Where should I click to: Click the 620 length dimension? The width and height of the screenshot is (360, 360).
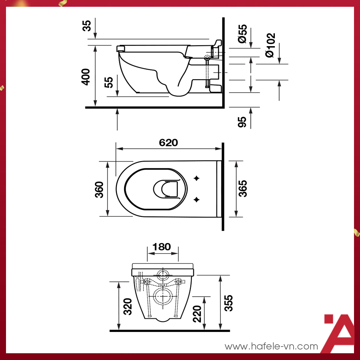pos(168,143)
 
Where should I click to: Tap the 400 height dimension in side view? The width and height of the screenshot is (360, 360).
pos(86,76)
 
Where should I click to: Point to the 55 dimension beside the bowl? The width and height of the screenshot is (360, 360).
pos(109,82)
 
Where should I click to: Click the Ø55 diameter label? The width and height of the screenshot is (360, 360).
pos(243,34)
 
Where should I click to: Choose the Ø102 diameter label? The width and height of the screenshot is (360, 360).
pos(270,45)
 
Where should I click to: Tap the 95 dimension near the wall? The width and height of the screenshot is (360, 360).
pos(243,122)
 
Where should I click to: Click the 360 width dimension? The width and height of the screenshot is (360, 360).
pos(99,189)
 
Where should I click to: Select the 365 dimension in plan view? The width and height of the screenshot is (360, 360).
pos(243,189)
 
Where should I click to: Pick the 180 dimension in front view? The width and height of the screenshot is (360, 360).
pos(162,247)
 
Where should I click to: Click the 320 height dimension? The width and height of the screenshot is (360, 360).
pos(127,306)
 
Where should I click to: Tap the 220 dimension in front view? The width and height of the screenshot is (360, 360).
pos(198,313)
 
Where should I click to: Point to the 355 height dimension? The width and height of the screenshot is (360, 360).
pos(228,303)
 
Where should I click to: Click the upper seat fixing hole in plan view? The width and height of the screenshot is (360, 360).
pos(196,178)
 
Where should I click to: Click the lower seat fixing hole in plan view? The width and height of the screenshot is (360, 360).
pos(196,199)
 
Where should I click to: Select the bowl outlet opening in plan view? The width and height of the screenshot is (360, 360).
pos(166,189)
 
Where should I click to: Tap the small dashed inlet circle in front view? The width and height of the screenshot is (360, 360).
pos(163,275)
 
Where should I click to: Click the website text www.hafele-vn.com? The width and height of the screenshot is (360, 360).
pos(271,347)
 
